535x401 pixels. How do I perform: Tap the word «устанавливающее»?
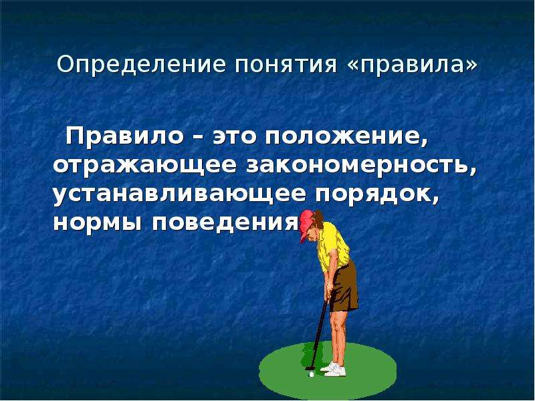(179, 195)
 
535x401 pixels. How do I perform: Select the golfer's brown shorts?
(344, 287)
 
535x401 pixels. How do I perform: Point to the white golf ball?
(311, 374)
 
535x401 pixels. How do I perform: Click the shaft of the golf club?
(319, 334)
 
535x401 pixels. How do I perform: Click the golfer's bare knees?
(338, 324)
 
